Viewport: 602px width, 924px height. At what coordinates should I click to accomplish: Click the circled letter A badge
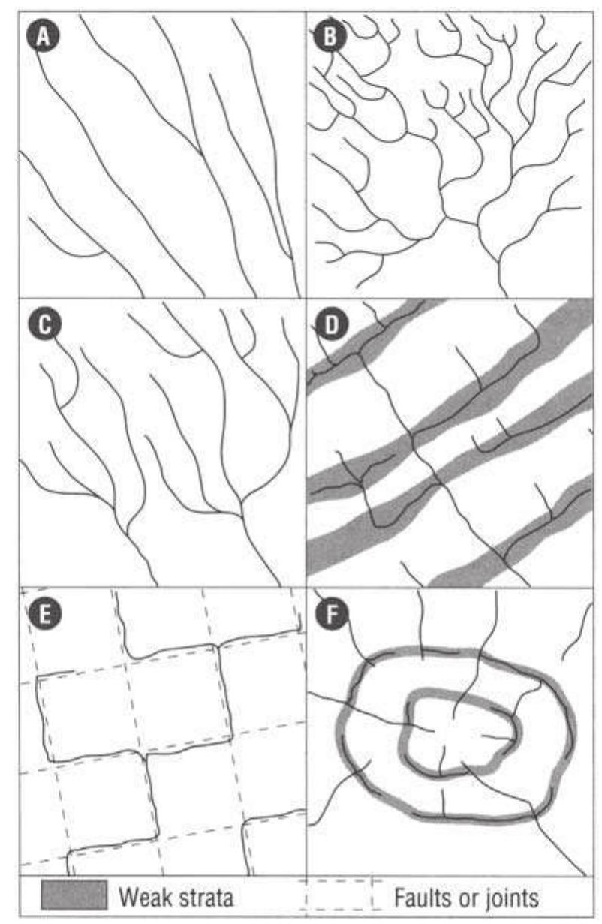tap(43, 36)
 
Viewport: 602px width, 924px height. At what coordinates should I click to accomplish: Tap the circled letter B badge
tap(330, 36)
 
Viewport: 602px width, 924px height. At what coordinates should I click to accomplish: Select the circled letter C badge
tap(44, 325)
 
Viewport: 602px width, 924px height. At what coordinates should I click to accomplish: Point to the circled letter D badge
tap(331, 325)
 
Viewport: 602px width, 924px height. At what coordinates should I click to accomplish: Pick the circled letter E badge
tap(44, 614)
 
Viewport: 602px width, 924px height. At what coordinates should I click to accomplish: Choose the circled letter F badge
tap(331, 614)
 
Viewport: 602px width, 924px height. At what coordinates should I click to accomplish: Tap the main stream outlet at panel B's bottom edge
tap(506, 295)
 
